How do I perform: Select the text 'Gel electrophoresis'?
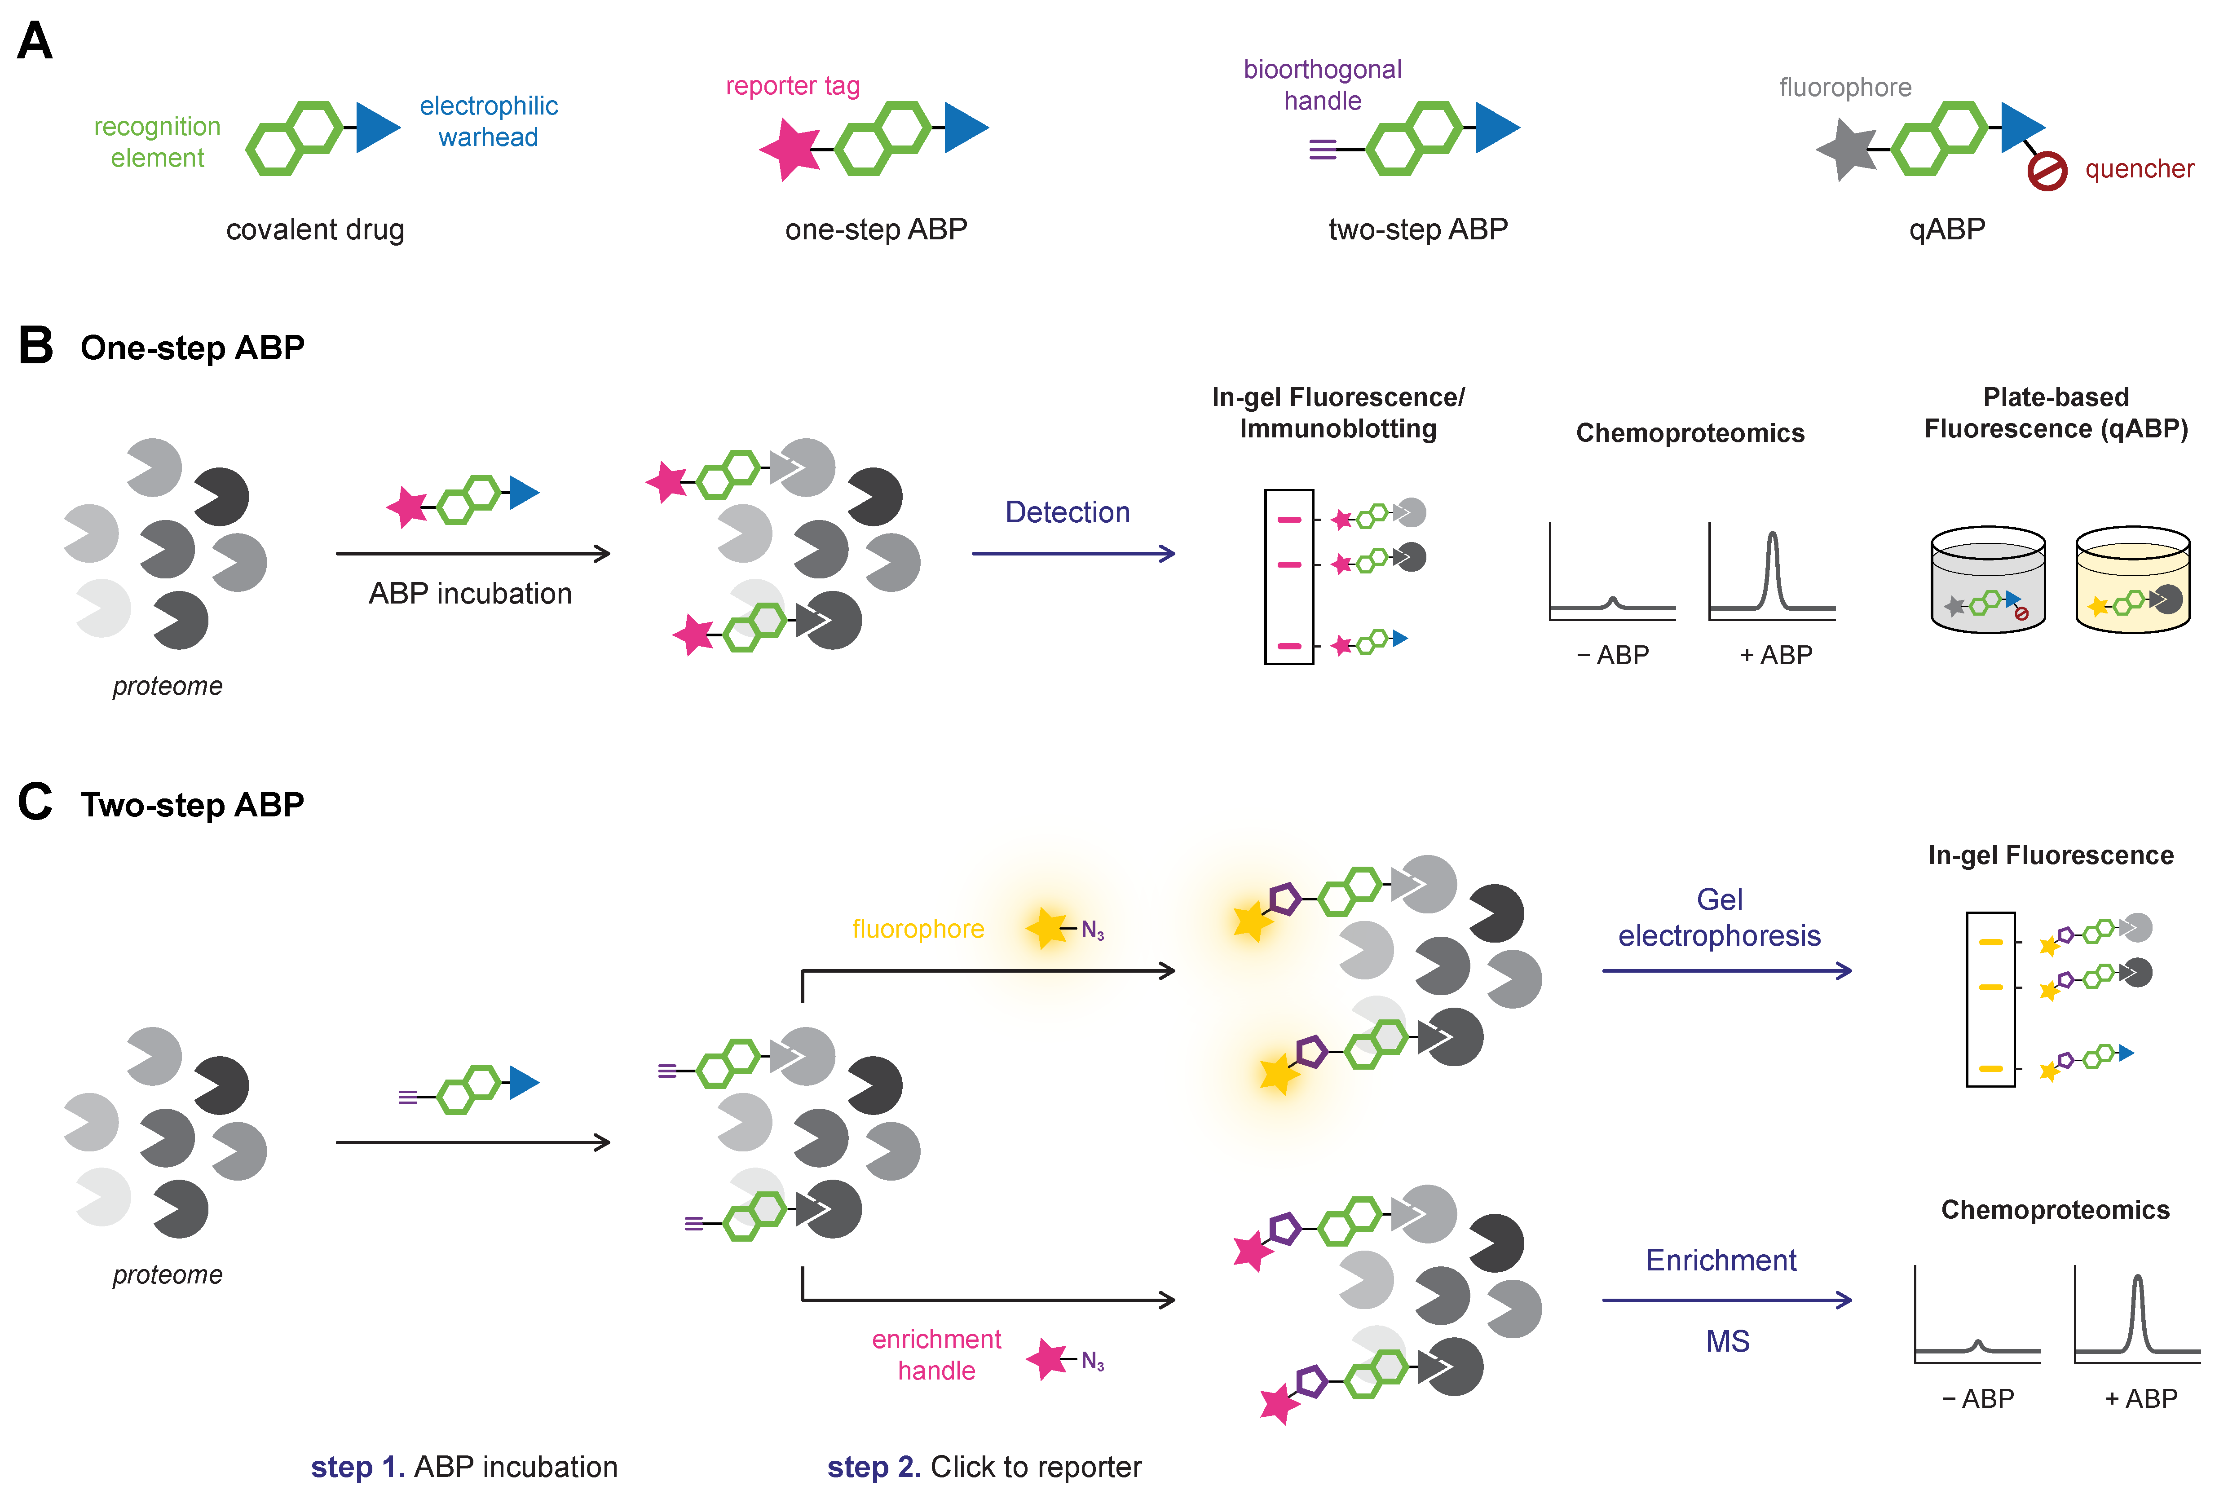pyautogui.click(x=1719, y=917)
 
